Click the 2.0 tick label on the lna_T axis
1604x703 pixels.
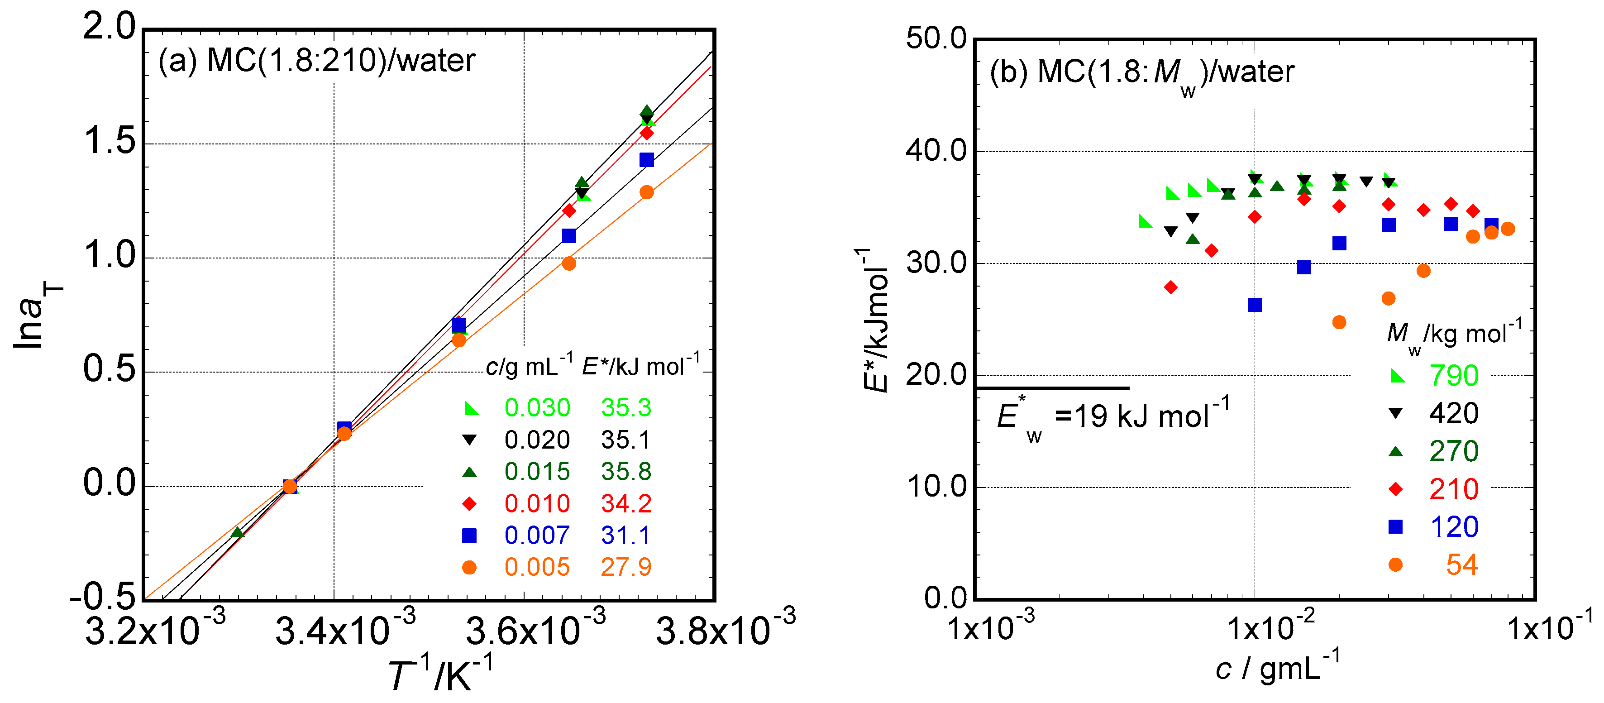tap(110, 28)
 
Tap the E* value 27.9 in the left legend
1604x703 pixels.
tap(626, 567)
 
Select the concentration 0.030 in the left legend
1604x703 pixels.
tap(537, 408)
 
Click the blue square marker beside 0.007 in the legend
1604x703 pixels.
tap(469, 536)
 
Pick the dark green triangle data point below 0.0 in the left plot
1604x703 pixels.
tap(237, 532)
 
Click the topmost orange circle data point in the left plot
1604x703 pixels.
tap(646, 192)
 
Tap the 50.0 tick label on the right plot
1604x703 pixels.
tap(936, 38)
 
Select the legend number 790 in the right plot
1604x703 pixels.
tap(1453, 375)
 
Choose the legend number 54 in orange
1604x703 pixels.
tap(1461, 565)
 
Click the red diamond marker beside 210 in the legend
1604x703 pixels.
tap(1395, 489)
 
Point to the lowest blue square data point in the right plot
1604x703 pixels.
tap(1255, 305)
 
